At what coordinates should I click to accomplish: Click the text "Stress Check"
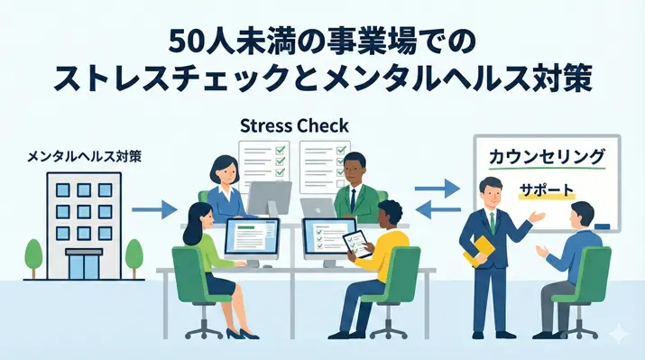294,125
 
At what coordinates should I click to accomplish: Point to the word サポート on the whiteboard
547,191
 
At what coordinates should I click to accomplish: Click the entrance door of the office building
83,265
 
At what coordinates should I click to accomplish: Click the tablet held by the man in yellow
355,243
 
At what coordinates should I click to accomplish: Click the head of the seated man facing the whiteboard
582,217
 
